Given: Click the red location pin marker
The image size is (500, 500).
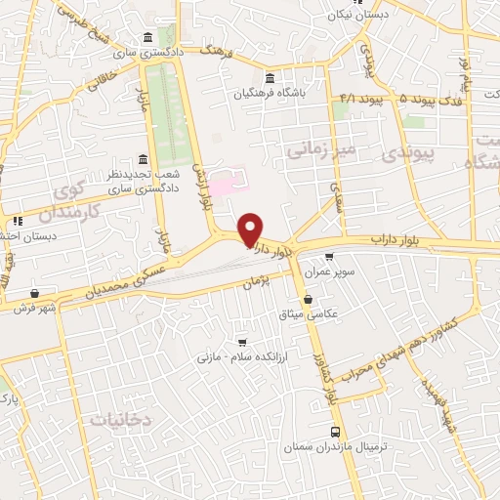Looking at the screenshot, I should click(251, 229).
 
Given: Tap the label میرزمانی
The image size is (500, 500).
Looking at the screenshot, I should click(316, 149).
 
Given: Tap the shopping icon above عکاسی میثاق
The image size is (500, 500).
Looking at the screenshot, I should click(309, 299).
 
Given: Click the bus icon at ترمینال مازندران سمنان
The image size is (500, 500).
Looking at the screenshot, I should click(336, 432).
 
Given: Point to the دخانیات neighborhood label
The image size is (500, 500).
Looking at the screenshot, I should click(123, 419).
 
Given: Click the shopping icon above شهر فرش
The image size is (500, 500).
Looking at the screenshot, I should click(35, 293).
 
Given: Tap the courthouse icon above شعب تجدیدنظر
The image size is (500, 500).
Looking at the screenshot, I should click(144, 159).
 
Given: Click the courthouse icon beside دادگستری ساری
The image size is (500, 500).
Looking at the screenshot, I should click(147, 37).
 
